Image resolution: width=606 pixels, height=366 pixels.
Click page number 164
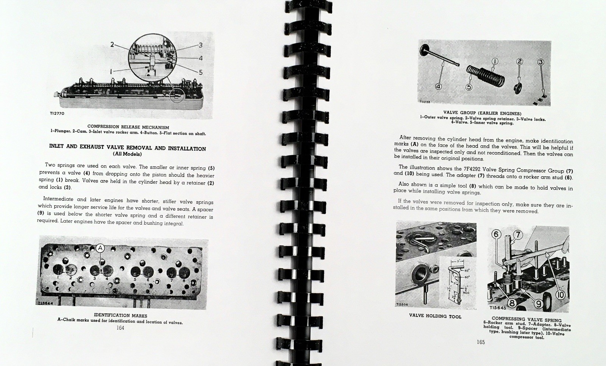pyautogui.click(x=120, y=328)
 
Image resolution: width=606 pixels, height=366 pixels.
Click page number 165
pyautogui.click(x=481, y=342)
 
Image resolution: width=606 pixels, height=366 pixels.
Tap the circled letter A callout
pyautogui.click(x=100, y=248)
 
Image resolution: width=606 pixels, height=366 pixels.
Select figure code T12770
pyautogui.click(x=57, y=113)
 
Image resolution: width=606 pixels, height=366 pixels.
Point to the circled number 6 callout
pyautogui.click(x=496, y=235)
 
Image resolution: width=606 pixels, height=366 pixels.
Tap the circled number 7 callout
pyautogui.click(x=518, y=235)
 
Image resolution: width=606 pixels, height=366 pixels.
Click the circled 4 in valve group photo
pyautogui.click(x=439, y=87)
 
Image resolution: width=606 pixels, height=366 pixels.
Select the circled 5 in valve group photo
pyautogui.click(x=469, y=87)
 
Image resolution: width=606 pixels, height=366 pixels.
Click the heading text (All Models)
pyautogui.click(x=127, y=154)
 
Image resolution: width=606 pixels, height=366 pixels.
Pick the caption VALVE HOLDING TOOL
pyautogui.click(x=435, y=316)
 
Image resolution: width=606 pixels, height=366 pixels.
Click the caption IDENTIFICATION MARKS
pyautogui.click(x=120, y=316)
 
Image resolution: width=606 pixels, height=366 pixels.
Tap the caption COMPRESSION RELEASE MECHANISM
pyautogui.click(x=128, y=127)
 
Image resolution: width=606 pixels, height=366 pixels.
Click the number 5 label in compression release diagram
pyautogui.click(x=201, y=72)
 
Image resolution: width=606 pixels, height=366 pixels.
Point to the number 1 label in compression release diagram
pyautogui.click(x=111, y=72)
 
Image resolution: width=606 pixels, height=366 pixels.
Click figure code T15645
pyautogui.click(x=498, y=308)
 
